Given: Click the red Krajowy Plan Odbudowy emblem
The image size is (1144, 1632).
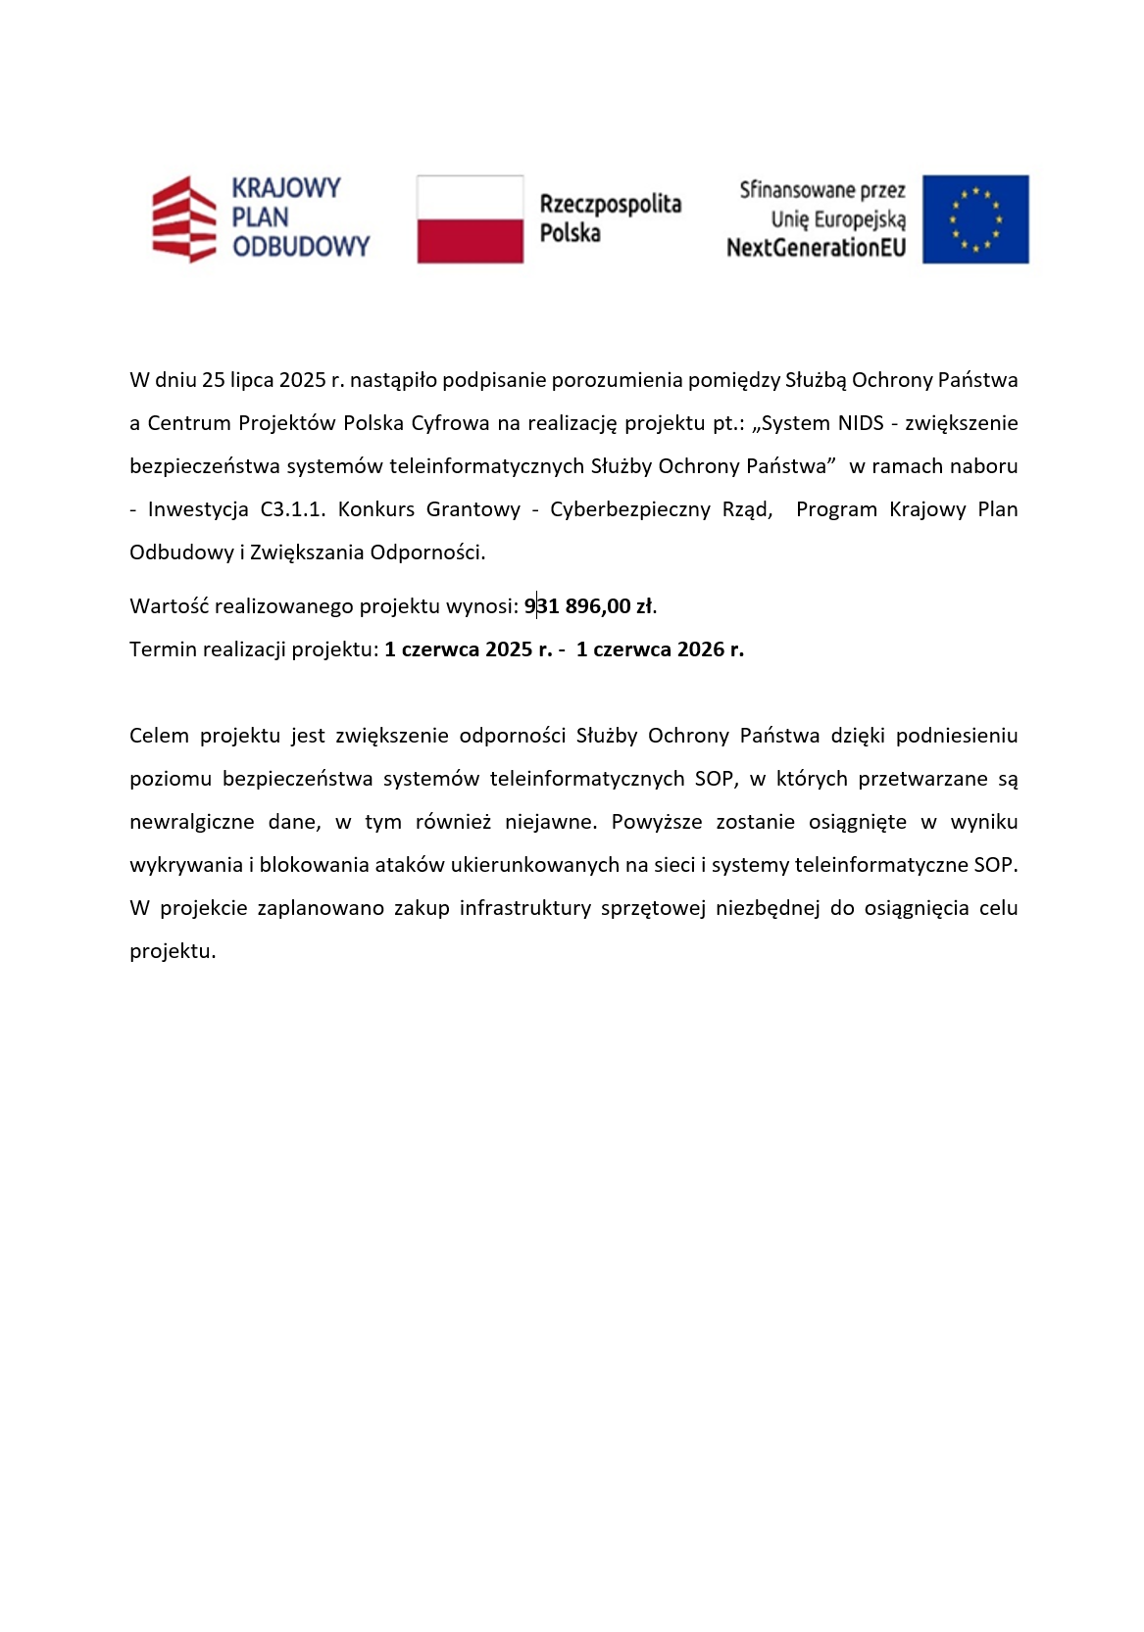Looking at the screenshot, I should click(183, 219).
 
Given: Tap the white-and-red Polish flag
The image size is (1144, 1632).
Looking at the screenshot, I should click(470, 219).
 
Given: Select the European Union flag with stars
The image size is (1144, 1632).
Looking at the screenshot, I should click(975, 219).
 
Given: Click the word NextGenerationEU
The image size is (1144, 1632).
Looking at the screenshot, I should click(816, 248).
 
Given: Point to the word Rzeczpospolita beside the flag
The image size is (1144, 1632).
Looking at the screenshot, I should click(610, 204).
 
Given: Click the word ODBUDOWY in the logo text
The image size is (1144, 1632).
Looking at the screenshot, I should click(301, 247).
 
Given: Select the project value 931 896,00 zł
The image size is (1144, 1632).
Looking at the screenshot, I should click(589, 606).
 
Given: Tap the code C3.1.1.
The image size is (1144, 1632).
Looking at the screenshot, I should click(293, 509).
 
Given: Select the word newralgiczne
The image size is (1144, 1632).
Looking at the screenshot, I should click(192, 822).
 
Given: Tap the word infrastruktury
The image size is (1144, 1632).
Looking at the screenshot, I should click(525, 908).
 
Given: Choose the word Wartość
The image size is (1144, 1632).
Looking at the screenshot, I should click(168, 606).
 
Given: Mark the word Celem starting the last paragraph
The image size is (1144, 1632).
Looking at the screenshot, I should click(159, 736).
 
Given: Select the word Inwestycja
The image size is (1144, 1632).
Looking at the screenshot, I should click(198, 509).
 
